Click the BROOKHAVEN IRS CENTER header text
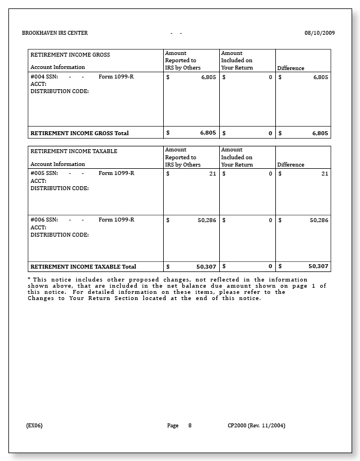[x=55, y=33]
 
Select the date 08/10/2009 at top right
[x=320, y=33]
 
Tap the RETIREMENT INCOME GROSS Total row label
[x=80, y=133]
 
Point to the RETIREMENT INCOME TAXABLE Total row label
[x=83, y=267]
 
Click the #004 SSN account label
[x=44, y=77]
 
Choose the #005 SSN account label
[x=44, y=173]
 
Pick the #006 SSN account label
[x=44, y=220]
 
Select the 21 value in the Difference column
[x=325, y=174]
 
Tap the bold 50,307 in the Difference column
[x=318, y=266]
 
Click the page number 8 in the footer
[x=190, y=426]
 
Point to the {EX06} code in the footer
[x=34, y=426]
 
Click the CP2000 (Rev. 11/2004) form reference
[x=256, y=426]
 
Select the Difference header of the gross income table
[x=290, y=68]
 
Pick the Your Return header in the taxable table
[x=237, y=165]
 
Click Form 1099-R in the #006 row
[x=116, y=220]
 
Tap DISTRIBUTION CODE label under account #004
[x=59, y=91]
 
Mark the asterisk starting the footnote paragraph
[x=29, y=279]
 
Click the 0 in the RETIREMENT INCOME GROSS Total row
[x=270, y=133]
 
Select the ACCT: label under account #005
[x=38, y=181]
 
